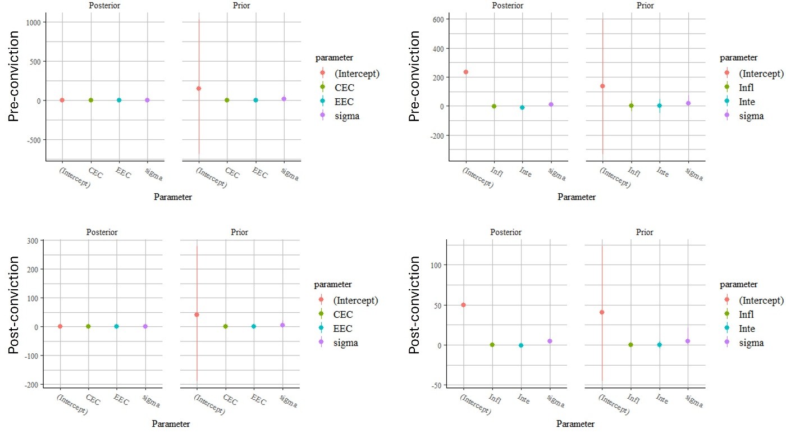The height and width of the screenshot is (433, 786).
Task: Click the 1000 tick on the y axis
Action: [x=35, y=22]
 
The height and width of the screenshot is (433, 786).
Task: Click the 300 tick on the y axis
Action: [x=34, y=241]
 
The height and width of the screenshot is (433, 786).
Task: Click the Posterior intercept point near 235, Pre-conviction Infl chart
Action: [x=465, y=72]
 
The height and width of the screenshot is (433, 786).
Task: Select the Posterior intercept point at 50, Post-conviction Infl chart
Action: [x=463, y=305]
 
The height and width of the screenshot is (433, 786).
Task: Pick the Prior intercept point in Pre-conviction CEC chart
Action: [x=199, y=88]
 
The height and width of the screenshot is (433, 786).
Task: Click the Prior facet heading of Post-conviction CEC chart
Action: [x=239, y=232]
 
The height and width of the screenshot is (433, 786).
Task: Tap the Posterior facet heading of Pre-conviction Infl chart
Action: [x=507, y=5]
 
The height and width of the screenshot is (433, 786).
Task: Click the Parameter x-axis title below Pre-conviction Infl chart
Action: [x=577, y=197]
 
